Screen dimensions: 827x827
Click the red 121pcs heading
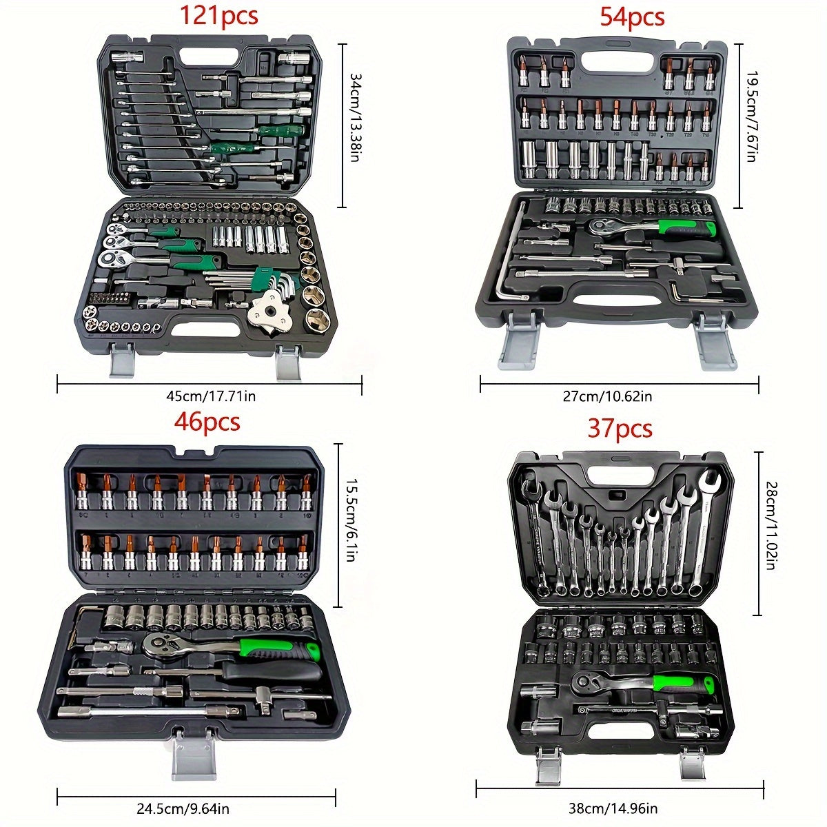(x=219, y=16)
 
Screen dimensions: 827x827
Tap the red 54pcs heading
(x=631, y=16)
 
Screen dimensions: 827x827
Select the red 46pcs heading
(x=207, y=421)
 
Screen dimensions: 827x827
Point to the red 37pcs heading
(x=620, y=429)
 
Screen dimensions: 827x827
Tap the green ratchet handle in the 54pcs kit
(x=679, y=226)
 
